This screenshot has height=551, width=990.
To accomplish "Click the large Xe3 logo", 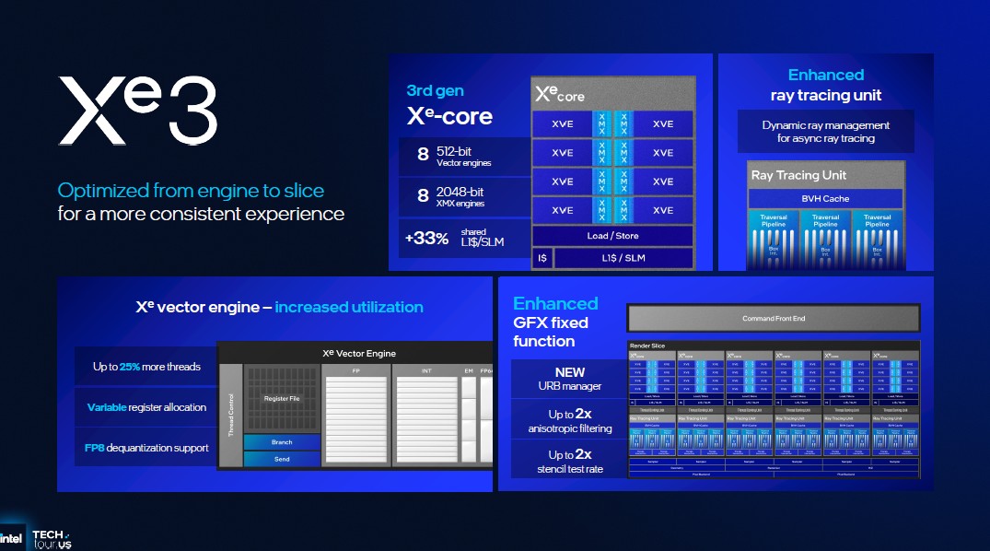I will coord(138,111).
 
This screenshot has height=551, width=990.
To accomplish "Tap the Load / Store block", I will coord(612,236).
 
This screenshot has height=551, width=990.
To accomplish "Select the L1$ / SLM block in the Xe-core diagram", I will coord(623,258).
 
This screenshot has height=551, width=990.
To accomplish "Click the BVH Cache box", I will coord(825,198).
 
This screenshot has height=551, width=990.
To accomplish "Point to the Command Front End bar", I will coord(774,319).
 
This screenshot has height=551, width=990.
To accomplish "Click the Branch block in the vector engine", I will coord(282,442).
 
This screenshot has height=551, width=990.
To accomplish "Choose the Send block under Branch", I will coord(282,459).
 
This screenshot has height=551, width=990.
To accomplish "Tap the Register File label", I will coord(282,399).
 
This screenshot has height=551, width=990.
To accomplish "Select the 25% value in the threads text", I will coord(130,367).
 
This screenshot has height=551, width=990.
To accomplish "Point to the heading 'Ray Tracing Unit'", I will coord(798,175).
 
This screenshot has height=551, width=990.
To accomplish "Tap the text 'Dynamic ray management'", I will coord(825,125).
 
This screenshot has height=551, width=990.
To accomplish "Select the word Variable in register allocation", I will coord(107,407).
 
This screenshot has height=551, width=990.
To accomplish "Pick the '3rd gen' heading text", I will coord(435,90).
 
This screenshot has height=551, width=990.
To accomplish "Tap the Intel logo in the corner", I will coord(12,539).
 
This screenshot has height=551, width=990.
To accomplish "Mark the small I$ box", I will coord(542,258).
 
